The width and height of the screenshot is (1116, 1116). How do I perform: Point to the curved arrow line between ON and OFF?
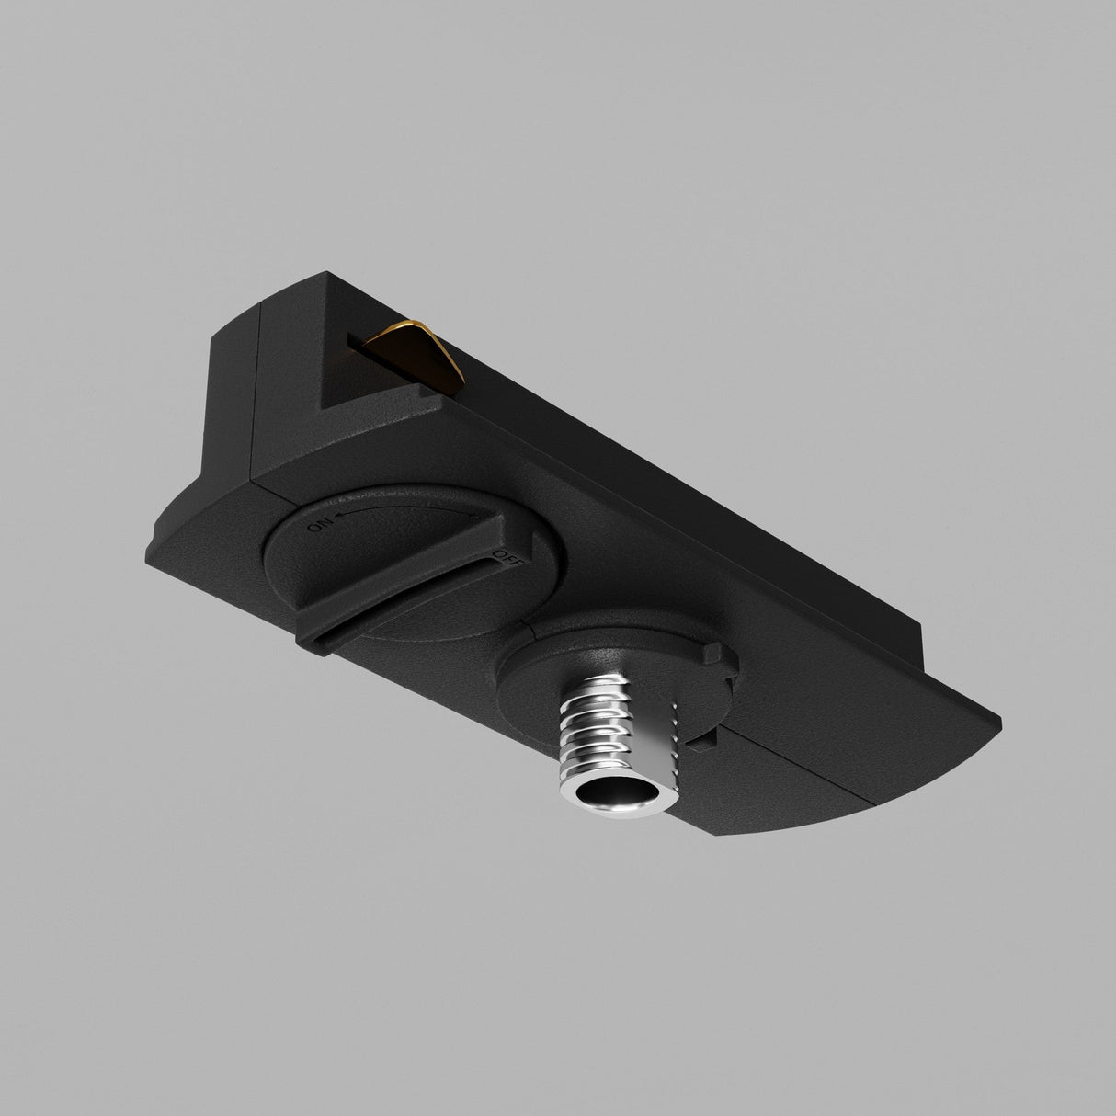click(404, 509)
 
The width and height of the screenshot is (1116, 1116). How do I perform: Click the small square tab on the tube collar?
click(717, 655)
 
